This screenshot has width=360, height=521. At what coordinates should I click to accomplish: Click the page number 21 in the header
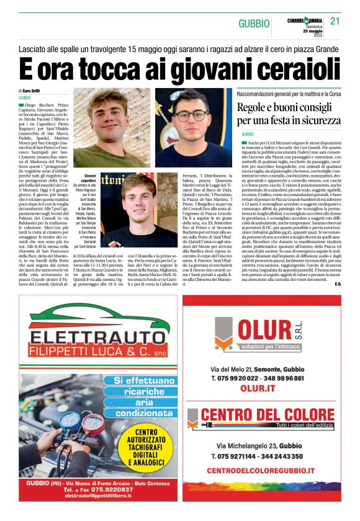click(x=335, y=22)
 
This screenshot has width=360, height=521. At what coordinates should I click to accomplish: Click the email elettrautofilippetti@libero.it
click(x=99, y=496)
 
